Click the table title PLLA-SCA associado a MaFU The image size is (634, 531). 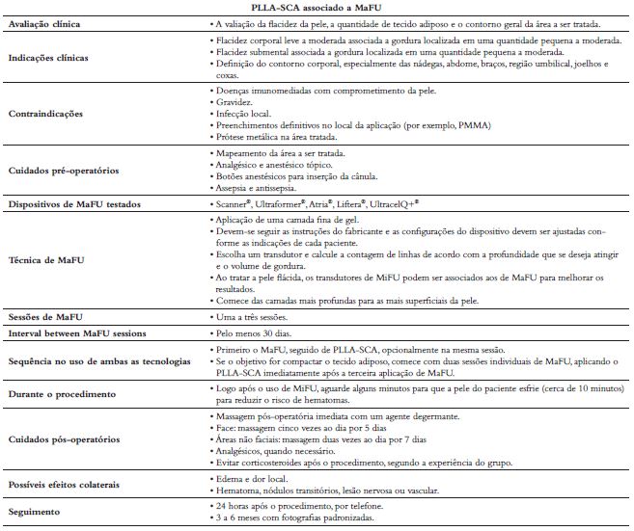(317, 8)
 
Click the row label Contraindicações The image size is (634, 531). (46, 113)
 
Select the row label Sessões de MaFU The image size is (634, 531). (54, 316)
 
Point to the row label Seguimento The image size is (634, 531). (41, 512)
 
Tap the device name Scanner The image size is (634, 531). (238, 206)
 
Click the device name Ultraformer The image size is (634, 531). (295, 206)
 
